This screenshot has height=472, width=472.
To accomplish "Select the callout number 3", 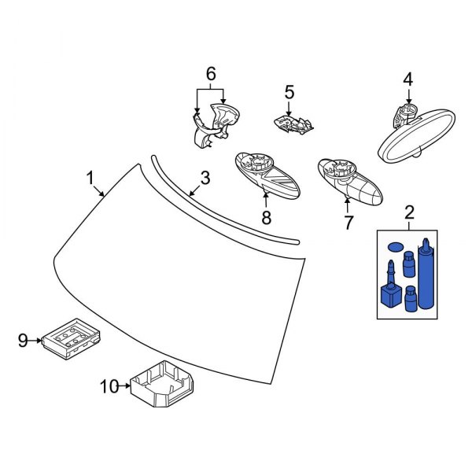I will (205, 179).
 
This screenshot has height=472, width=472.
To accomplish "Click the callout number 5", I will (289, 92).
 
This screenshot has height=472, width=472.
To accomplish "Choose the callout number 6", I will (210, 75).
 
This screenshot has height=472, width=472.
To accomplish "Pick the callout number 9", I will (23, 340).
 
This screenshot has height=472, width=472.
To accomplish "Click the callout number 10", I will (109, 385).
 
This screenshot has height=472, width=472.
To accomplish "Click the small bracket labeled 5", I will (293, 122).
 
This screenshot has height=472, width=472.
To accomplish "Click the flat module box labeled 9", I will (76, 337).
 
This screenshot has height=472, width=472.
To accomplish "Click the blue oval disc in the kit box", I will (393, 246).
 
